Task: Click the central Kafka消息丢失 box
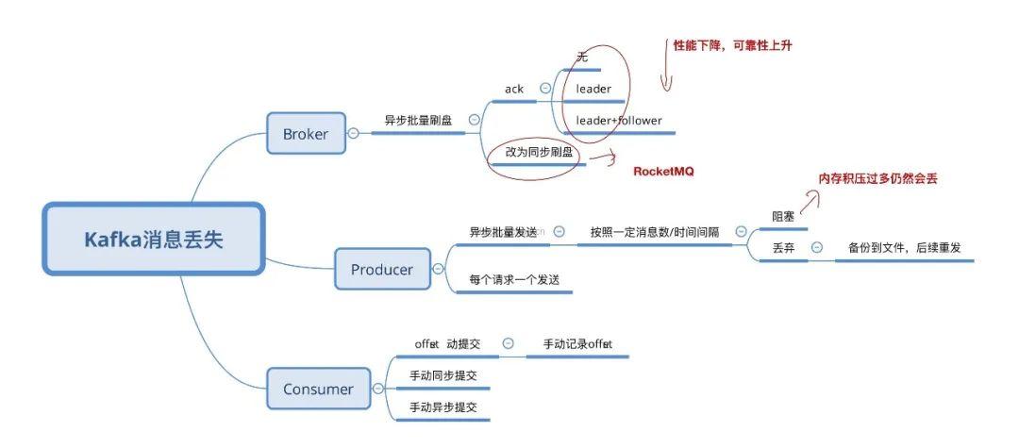(154, 240)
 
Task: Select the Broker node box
(306, 134)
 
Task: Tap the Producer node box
(382, 270)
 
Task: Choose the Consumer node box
(319, 389)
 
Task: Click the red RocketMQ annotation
(663, 172)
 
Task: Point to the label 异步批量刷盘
(418, 121)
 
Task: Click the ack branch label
(514, 89)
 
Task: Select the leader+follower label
(619, 121)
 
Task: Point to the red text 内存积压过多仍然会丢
(877, 178)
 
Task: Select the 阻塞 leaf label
(783, 216)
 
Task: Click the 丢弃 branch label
(783, 248)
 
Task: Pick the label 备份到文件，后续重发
(904, 248)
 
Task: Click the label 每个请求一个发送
(513, 280)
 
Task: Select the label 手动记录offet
(577, 344)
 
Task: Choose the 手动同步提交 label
(443, 375)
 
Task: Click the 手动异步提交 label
(443, 407)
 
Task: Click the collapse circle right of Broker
(353, 134)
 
